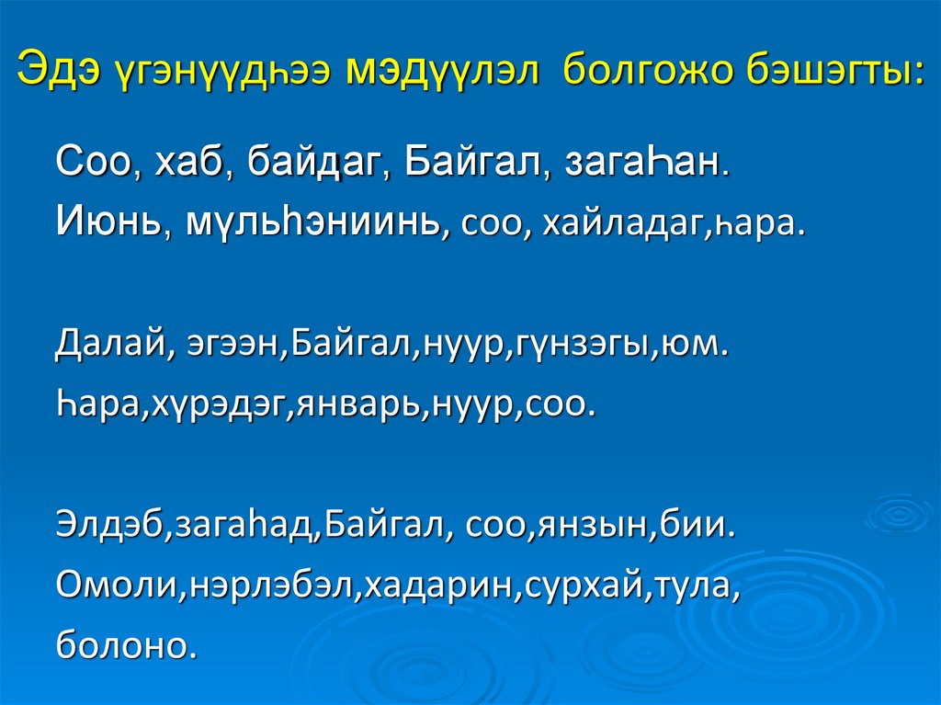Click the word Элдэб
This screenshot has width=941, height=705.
pyautogui.click(x=108, y=528)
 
